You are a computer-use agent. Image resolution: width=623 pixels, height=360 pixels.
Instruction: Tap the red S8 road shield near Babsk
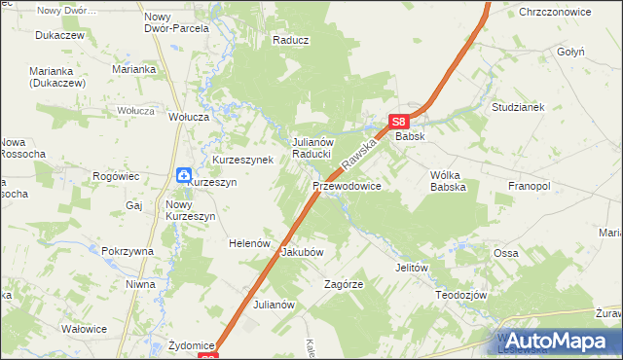pos(397,122)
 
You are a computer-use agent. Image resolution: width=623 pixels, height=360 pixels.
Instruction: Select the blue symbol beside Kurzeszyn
pos(185,174)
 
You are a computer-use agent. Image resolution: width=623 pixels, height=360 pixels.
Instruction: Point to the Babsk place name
pos(409,138)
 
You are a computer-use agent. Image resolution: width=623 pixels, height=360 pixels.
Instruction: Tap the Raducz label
pos(290,41)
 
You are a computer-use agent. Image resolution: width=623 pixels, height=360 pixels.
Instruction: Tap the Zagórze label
pos(344,285)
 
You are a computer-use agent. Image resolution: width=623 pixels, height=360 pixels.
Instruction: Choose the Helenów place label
pos(248,243)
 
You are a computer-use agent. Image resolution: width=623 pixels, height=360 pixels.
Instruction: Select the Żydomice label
pos(191,345)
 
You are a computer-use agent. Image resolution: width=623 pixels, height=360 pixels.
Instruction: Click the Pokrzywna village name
pos(128,251)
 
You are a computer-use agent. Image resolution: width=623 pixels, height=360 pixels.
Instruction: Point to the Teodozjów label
pos(460,295)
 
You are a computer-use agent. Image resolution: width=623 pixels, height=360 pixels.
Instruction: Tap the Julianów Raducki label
pos(313,148)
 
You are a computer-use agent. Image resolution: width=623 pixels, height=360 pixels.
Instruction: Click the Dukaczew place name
pos(55,33)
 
